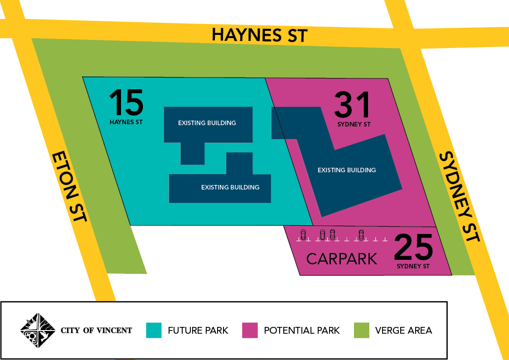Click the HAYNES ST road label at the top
(260, 35)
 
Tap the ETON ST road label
(69, 186)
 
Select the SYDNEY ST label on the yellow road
(459, 196)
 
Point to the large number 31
(352, 105)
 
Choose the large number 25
(413, 248)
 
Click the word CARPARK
(342, 259)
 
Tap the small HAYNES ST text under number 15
(126, 122)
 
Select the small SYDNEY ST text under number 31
(354, 124)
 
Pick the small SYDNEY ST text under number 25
(413, 266)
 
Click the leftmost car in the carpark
(304, 235)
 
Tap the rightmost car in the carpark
(361, 235)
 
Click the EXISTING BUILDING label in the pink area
(347, 170)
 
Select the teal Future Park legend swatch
(154, 330)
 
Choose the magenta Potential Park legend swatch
(250, 330)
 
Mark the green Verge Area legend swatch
(361, 330)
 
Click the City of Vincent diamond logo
(38, 330)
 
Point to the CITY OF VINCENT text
(96, 331)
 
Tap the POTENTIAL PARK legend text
(302, 331)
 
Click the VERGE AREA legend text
(403, 331)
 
